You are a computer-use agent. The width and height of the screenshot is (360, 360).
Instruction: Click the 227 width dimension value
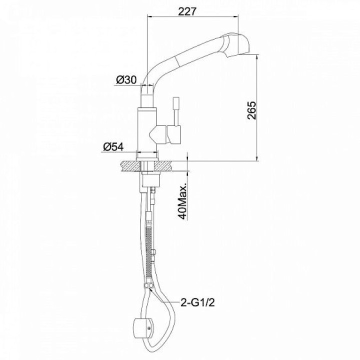point(187,11)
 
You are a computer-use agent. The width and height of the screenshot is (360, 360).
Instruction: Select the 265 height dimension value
point(251,110)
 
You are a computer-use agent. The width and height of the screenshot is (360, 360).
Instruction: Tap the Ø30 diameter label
point(126,79)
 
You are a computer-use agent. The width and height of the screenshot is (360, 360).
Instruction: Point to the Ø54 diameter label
point(113,146)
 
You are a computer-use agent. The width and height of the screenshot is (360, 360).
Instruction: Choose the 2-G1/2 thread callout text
point(197,303)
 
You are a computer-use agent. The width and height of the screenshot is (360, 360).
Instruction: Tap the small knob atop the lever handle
point(176,102)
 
